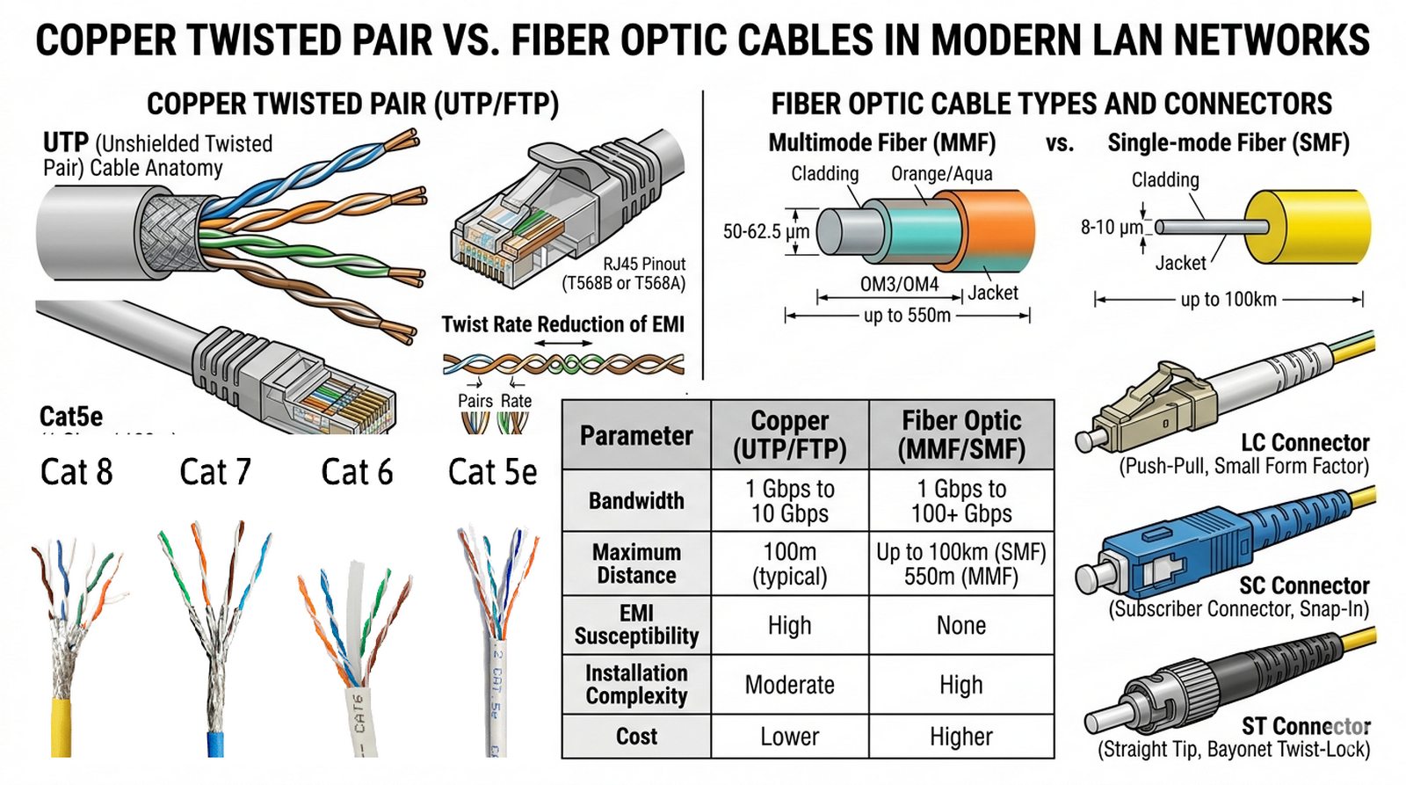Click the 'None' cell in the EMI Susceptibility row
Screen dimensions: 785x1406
click(x=960, y=626)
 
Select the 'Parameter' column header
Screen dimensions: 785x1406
click(x=636, y=436)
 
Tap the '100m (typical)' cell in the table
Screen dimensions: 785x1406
click(x=789, y=563)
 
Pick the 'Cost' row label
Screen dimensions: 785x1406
click(x=636, y=737)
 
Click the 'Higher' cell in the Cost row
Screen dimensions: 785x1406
click(x=960, y=737)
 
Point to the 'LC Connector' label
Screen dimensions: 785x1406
click(x=1304, y=443)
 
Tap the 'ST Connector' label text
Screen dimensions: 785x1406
click(x=1305, y=726)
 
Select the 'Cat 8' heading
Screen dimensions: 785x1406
click(x=76, y=473)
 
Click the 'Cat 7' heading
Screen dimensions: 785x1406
click(x=215, y=473)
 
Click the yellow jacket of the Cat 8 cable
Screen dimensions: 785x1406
click(x=61, y=725)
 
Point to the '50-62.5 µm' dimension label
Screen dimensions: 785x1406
click(x=765, y=232)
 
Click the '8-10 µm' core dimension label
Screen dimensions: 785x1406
click(x=1112, y=227)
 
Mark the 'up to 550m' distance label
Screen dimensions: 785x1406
click(x=906, y=315)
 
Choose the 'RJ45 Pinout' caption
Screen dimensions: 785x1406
click(x=643, y=264)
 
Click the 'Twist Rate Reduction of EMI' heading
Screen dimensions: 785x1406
click(x=562, y=324)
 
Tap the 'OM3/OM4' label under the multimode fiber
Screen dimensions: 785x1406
click(x=898, y=285)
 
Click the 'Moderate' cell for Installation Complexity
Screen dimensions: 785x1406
click(x=789, y=685)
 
